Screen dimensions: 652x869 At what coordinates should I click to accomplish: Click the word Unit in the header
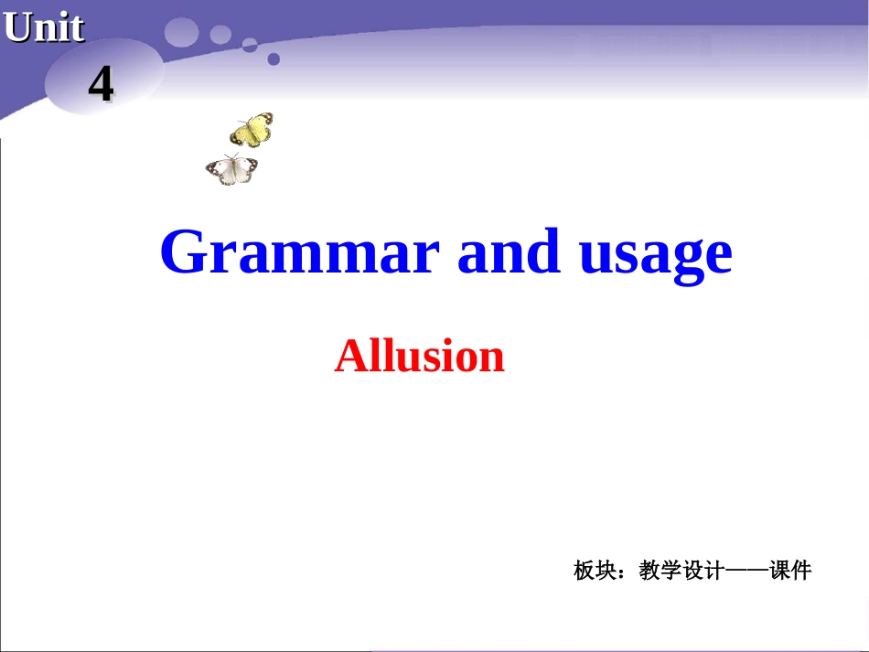(x=44, y=27)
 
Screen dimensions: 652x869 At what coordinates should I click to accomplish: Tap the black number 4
(x=101, y=85)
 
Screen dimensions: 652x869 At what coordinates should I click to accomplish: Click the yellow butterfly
(x=252, y=131)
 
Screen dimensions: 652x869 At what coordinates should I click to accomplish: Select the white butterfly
(x=232, y=169)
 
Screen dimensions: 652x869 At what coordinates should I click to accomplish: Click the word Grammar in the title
(x=300, y=251)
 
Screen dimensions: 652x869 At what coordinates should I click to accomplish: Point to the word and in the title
(x=509, y=251)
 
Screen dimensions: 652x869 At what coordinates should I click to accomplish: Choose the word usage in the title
(x=656, y=253)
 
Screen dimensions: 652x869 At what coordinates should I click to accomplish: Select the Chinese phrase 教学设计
(x=681, y=572)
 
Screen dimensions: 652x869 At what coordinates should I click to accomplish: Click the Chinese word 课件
(x=790, y=572)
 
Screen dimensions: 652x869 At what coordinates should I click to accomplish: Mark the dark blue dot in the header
(x=273, y=59)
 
